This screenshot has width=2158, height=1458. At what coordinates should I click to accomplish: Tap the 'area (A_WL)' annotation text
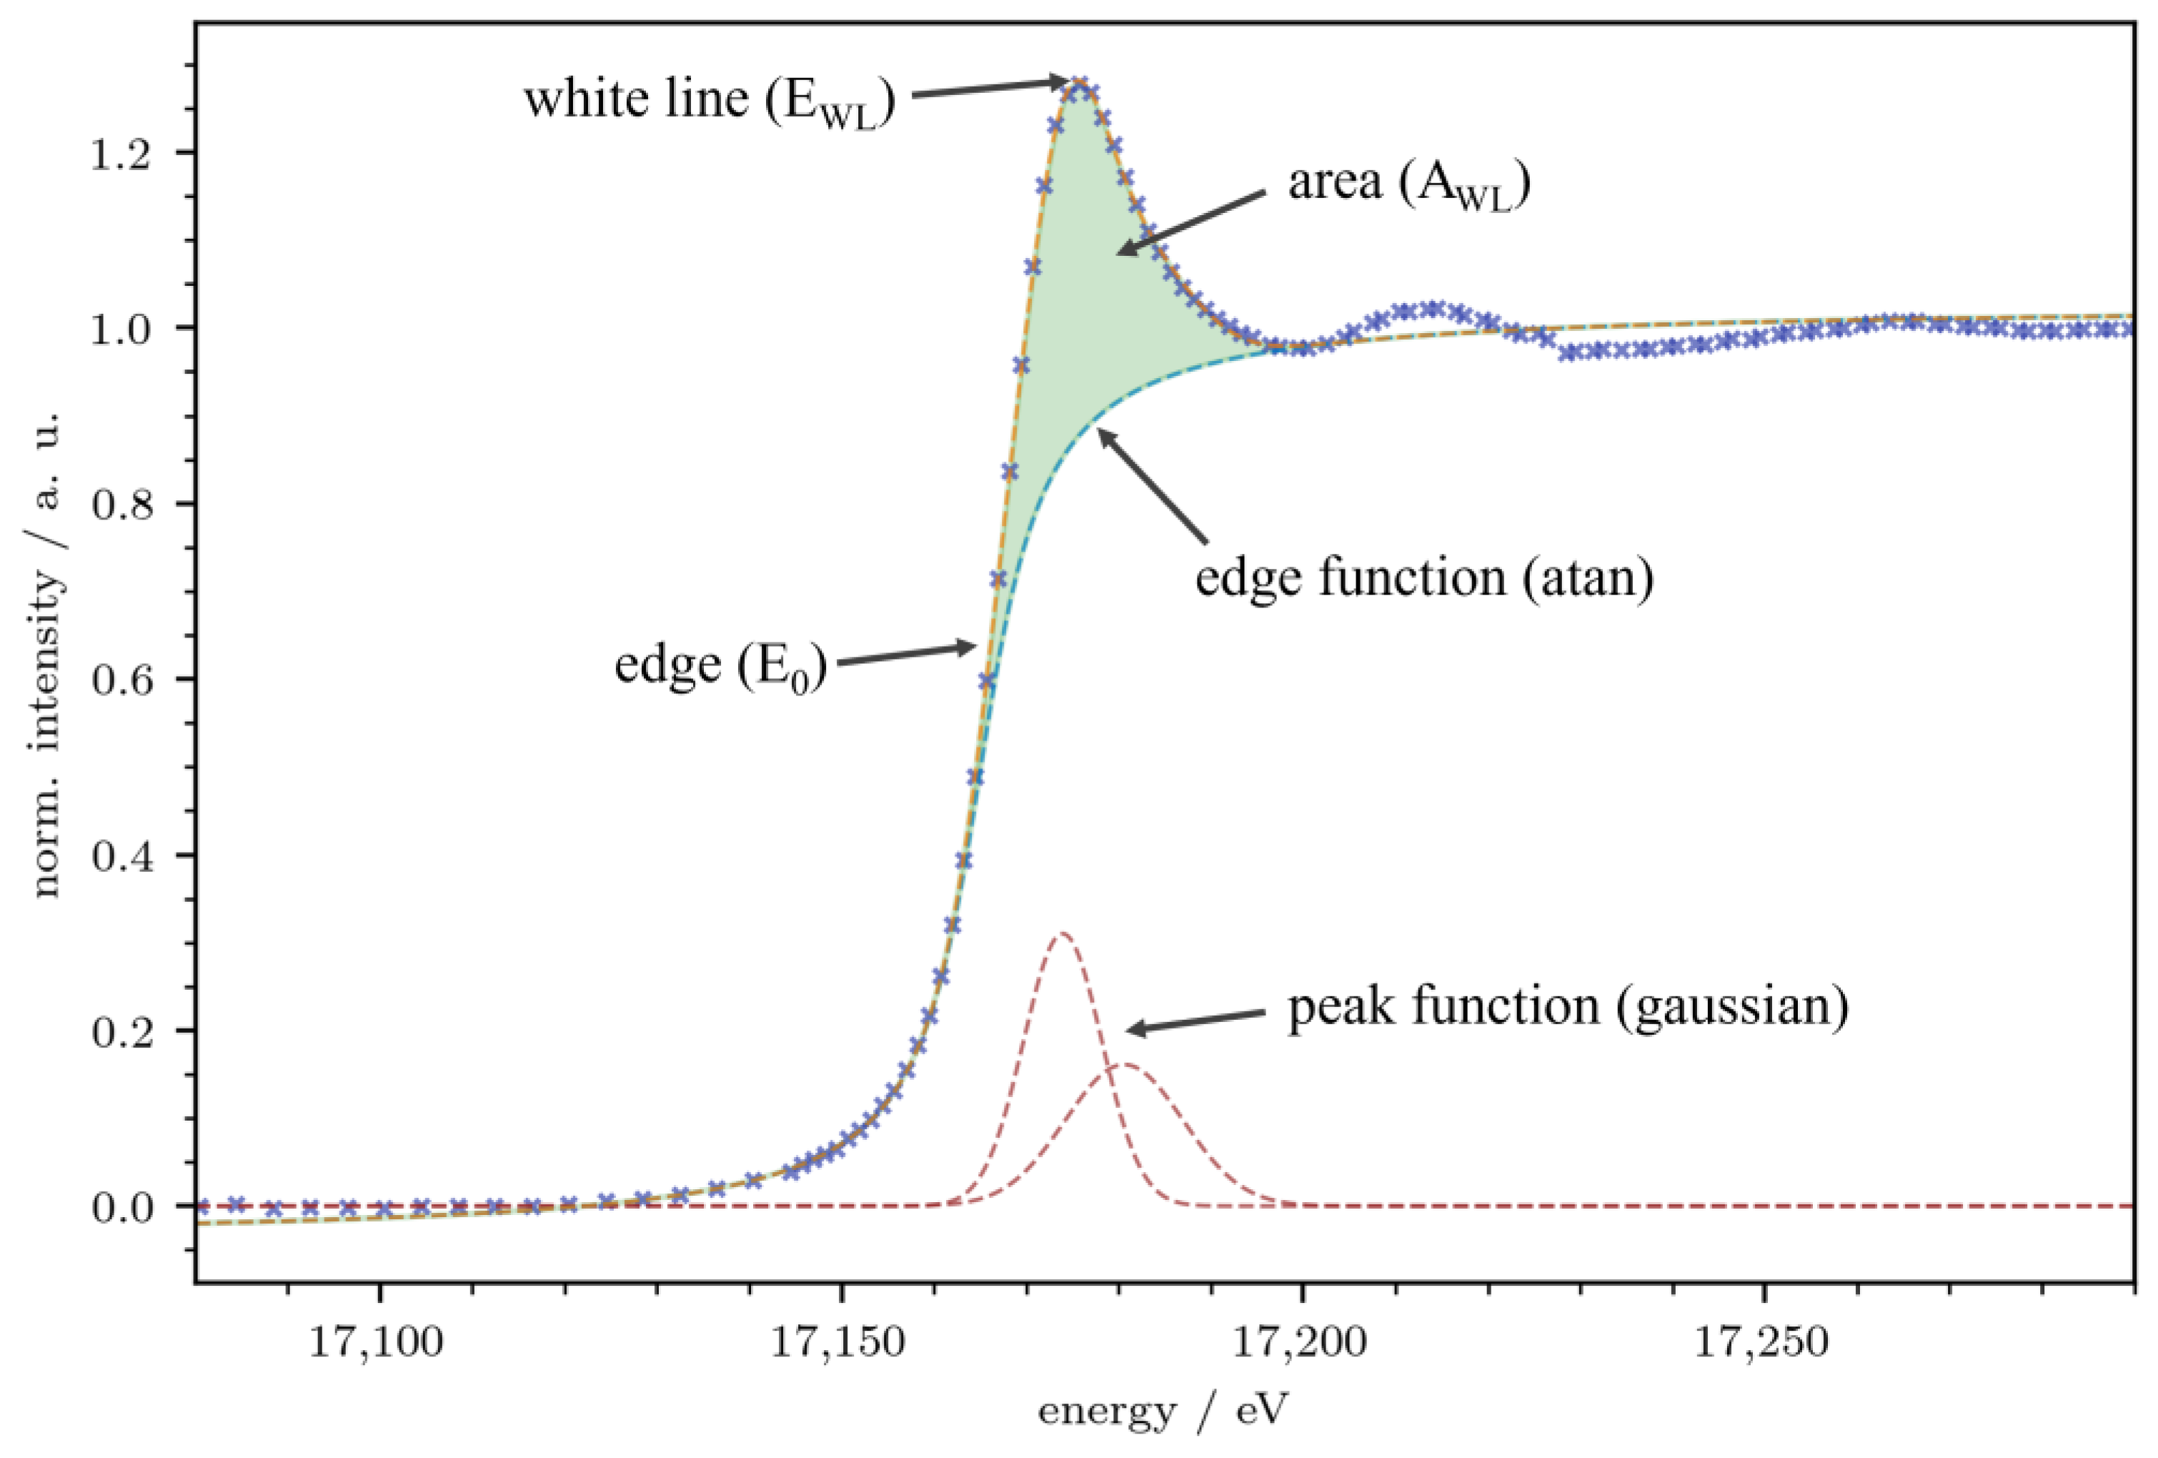1408,183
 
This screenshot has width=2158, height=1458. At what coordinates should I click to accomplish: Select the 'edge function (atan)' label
1424,577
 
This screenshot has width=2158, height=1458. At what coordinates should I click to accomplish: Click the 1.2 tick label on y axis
120,153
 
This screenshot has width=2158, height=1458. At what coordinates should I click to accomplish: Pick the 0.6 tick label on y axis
120,680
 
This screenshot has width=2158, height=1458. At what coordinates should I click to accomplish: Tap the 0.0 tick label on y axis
120,1207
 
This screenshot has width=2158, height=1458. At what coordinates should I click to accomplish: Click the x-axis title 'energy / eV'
1163,1412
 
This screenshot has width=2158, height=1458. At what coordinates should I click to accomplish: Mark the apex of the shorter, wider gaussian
1125,1065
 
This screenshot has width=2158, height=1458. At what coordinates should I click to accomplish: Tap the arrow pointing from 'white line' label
989,88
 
